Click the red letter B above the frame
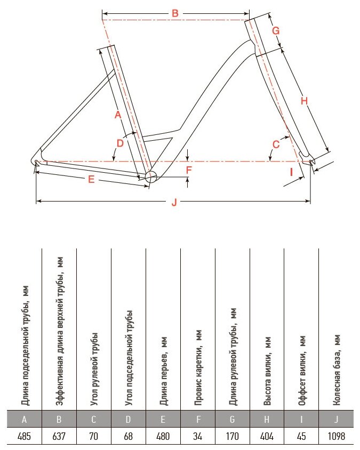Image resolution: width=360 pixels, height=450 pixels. pos(175,13)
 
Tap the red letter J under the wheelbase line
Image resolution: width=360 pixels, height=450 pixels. pos(174,202)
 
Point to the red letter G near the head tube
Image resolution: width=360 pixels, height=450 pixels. pos(276,30)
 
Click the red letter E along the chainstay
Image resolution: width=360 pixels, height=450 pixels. pos(91,180)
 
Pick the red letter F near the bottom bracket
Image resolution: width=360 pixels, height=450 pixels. pos(188,170)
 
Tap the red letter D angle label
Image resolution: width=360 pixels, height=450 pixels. pos(120,143)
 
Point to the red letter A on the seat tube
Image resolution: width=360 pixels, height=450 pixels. pos(118,115)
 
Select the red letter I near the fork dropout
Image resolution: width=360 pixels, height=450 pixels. pos(291,172)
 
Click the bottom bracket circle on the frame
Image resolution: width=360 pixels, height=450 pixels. pos(150,178)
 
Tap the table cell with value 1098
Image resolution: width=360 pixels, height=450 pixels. pos(336,437)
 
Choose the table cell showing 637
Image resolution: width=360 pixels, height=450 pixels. pos(59,437)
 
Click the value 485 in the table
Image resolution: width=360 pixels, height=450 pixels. pos(24,437)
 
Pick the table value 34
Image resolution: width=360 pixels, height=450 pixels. pos(197,437)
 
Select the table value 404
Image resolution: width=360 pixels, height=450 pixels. pos(267,437)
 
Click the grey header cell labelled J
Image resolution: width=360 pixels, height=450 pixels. pos(336,420)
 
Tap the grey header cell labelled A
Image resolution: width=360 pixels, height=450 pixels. pos(24,420)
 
